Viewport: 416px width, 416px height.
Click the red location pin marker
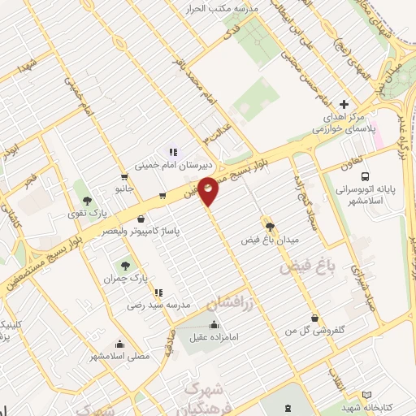[x=209, y=191]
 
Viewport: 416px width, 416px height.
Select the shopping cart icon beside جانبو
[x=123, y=176]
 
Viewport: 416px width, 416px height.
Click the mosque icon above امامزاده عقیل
[x=214, y=326]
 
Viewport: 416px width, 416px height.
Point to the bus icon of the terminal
[x=366, y=176]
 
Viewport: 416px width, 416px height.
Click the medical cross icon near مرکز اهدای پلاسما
[x=344, y=105]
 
